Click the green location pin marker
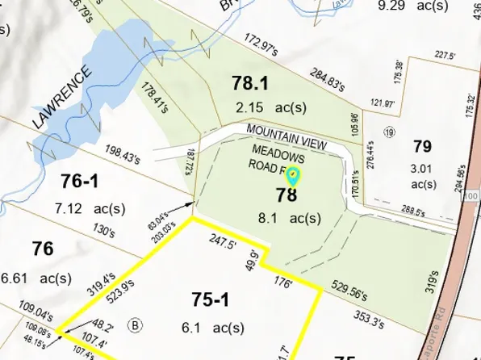[x=294, y=175]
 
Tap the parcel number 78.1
[x=249, y=83]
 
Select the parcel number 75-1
[x=210, y=300]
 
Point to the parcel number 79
[x=422, y=146]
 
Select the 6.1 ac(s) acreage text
[x=213, y=328]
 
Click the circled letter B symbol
[x=136, y=326]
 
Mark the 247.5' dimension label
[x=220, y=241]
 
